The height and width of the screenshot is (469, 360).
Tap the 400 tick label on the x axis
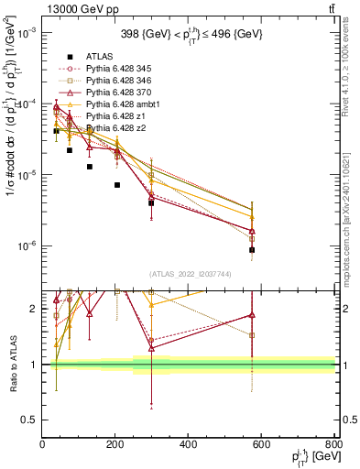(189, 445)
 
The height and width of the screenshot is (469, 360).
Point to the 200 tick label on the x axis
(115, 445)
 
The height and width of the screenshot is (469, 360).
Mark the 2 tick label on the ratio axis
(35, 310)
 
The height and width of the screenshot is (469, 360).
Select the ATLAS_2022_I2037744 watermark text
(188, 275)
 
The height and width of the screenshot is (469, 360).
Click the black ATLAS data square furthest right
(252, 249)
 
